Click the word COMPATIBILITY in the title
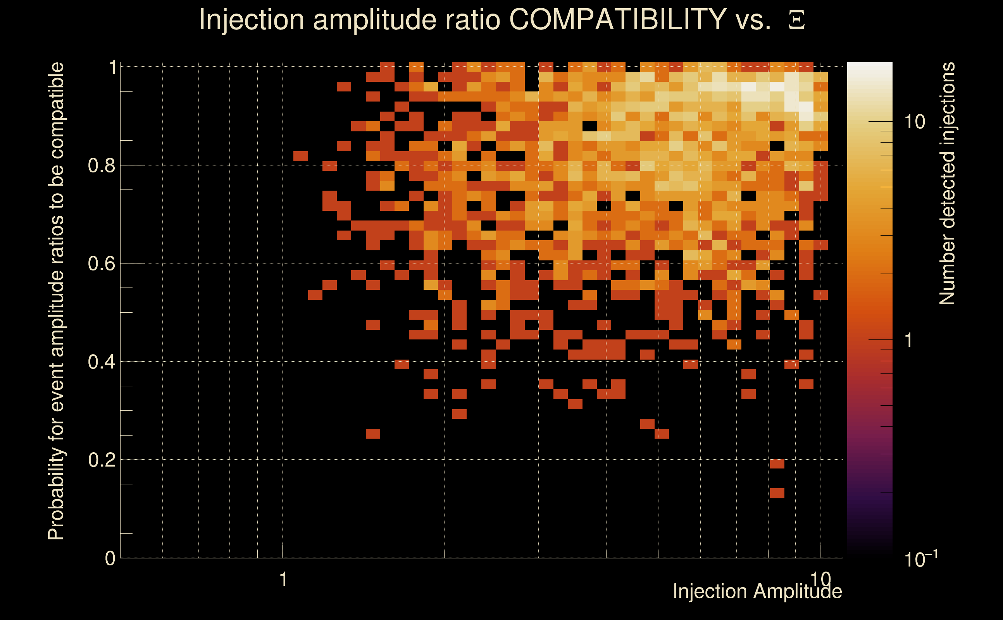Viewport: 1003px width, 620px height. [x=617, y=19]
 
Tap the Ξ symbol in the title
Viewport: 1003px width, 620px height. [x=796, y=20]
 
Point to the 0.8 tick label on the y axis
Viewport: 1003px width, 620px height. [x=101, y=166]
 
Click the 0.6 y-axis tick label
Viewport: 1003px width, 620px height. [x=101, y=263]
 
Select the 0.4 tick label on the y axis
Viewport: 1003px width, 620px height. [x=101, y=362]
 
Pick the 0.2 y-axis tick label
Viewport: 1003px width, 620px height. [x=101, y=460]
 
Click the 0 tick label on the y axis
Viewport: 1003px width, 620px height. [x=110, y=558]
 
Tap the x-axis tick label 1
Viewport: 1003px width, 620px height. [x=283, y=579]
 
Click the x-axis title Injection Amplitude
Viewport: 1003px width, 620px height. [x=757, y=591]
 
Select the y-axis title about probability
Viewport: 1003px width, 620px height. [x=56, y=301]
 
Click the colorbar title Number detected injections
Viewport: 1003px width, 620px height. [x=947, y=183]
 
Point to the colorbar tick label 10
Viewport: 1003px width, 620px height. [x=914, y=122]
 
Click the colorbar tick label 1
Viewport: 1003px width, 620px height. [x=909, y=340]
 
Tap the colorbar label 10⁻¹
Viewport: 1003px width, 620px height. [x=920, y=559]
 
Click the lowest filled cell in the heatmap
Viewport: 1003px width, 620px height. [x=777, y=493]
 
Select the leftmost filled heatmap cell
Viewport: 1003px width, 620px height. [x=301, y=156]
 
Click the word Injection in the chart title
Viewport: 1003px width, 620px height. [x=252, y=19]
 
